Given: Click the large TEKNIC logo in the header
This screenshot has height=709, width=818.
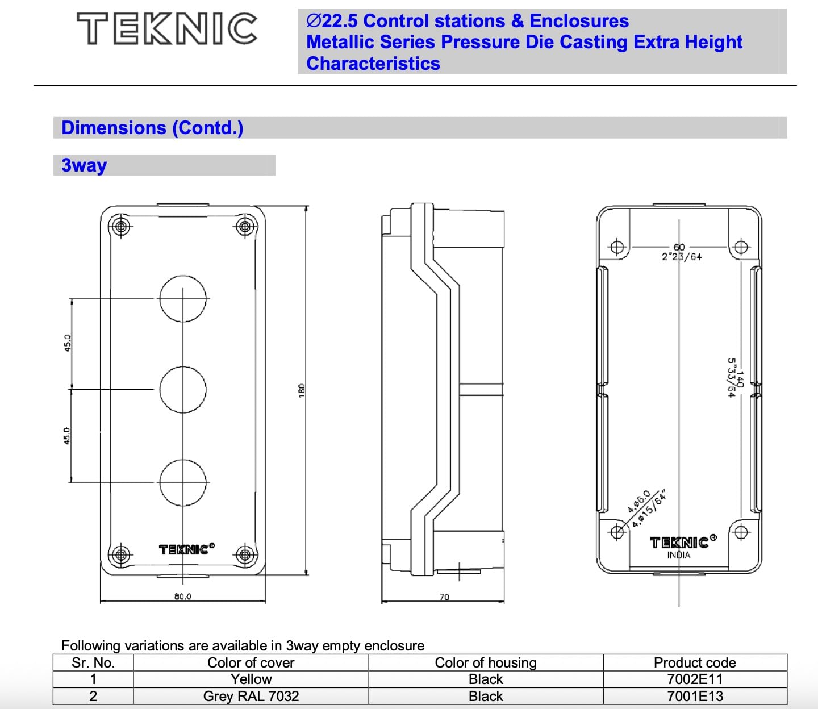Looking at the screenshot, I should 167,29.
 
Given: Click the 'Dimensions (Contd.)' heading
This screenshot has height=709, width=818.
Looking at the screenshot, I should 152,128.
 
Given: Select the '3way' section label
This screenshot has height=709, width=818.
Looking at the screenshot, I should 84,165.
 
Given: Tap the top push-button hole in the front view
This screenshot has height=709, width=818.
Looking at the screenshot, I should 182,298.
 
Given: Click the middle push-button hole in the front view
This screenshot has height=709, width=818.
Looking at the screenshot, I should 182,390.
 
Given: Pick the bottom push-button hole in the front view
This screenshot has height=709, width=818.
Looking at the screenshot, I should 182,482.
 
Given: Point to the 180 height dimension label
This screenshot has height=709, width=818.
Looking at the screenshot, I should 302,390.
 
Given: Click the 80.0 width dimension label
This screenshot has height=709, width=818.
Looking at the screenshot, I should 182,597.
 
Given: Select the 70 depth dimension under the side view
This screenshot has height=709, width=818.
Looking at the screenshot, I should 444,597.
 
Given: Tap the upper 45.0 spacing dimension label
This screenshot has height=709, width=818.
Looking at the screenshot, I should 67,343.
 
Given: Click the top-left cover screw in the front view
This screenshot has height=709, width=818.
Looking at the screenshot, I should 120,227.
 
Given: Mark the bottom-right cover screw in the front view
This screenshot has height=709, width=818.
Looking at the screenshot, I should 245,554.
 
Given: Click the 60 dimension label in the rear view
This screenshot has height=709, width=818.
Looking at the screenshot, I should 679,247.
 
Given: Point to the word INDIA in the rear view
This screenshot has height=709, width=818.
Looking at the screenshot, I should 679,555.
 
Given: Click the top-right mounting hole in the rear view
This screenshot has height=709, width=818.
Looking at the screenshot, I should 741,247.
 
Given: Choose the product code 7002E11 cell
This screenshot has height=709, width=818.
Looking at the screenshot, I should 695,679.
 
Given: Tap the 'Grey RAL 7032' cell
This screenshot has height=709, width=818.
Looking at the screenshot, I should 251,697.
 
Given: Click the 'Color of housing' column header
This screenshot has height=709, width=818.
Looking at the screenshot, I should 486,663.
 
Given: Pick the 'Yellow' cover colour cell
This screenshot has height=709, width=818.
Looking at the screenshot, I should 251,679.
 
